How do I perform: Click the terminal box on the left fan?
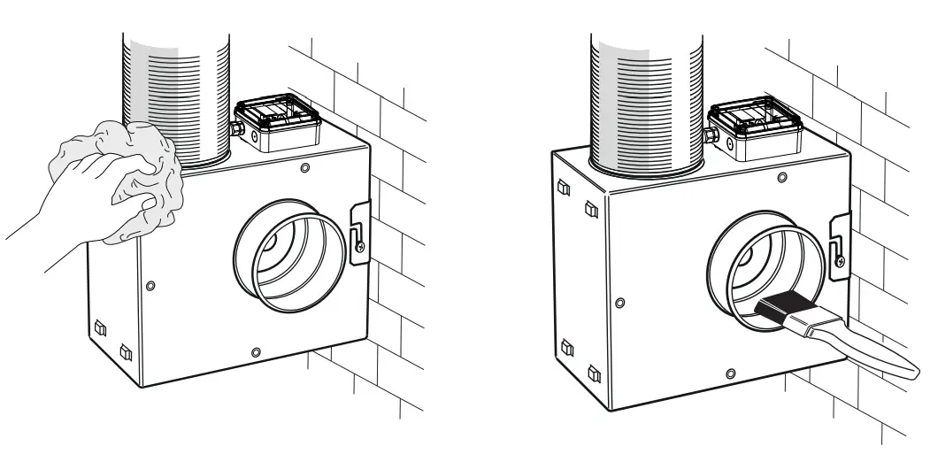point(275,128)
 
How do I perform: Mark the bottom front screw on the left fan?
point(256,352)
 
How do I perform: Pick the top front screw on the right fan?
point(780,178)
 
